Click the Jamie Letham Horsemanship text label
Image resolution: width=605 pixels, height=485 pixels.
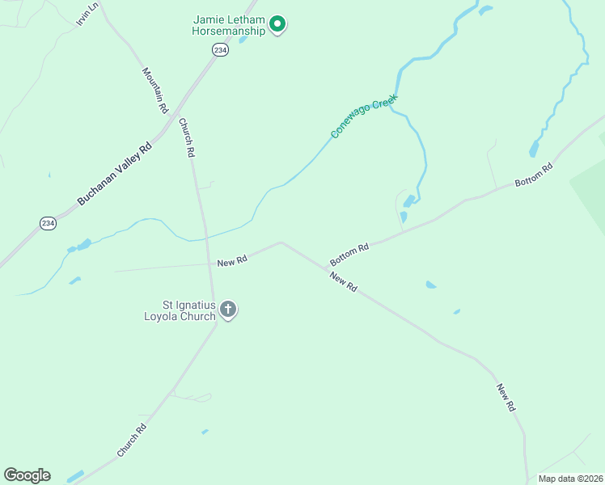click(x=229, y=25)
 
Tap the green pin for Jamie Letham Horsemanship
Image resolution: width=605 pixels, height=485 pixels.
click(x=277, y=25)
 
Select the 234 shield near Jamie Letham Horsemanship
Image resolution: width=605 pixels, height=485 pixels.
click(x=220, y=50)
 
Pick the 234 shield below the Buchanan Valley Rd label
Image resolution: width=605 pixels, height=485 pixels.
click(x=48, y=223)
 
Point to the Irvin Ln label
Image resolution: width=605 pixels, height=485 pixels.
click(x=87, y=14)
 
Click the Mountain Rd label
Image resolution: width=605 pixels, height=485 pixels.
click(x=154, y=90)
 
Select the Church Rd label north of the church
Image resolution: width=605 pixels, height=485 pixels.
click(x=187, y=137)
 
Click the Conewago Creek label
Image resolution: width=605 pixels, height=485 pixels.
click(x=366, y=120)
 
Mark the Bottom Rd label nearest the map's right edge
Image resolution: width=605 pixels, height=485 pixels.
click(x=533, y=175)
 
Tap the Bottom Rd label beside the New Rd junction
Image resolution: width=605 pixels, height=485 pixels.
click(x=349, y=255)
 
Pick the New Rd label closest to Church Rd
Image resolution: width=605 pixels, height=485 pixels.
click(x=232, y=260)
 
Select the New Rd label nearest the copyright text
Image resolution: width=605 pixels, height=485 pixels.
click(x=506, y=399)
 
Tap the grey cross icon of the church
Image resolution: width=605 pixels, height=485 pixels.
click(x=228, y=309)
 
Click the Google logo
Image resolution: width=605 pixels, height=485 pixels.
click(x=27, y=475)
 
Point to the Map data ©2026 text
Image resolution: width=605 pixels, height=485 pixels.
click(x=570, y=479)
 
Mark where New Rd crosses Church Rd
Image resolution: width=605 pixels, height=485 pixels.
click(x=209, y=264)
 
